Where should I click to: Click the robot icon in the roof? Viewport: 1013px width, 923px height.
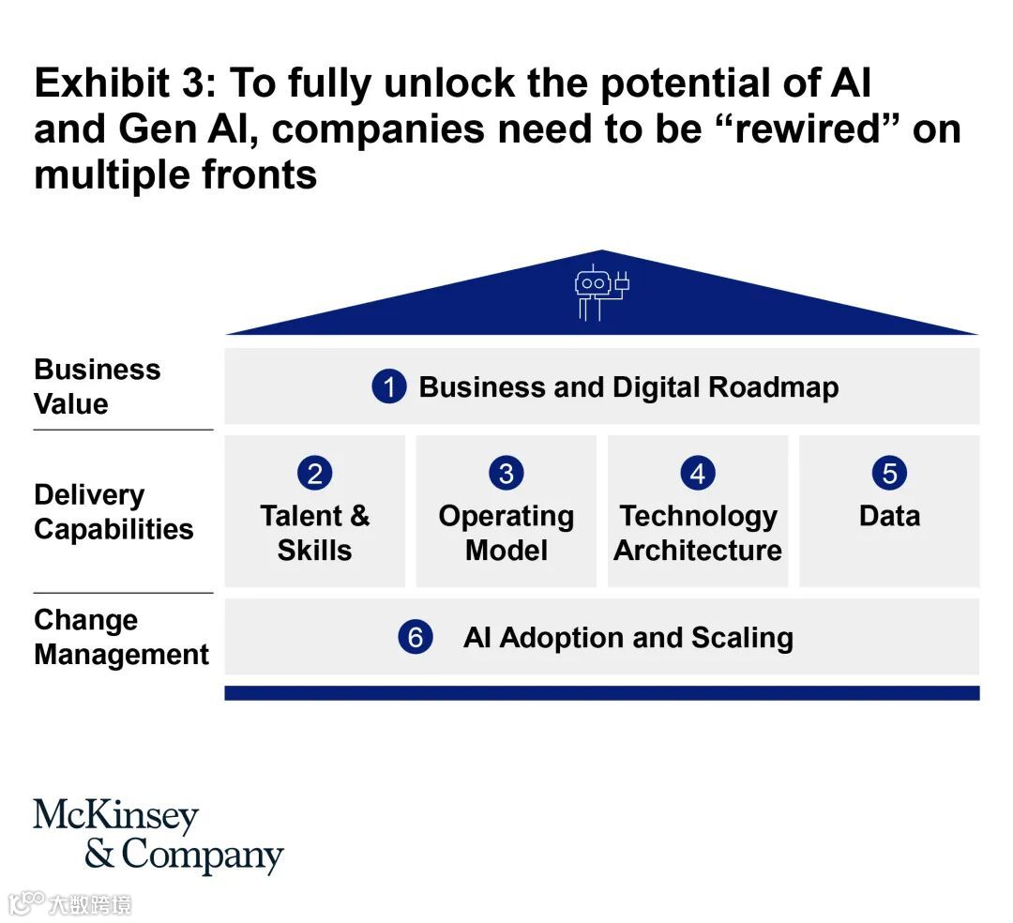tap(601, 292)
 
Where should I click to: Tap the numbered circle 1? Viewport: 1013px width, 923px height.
tap(389, 386)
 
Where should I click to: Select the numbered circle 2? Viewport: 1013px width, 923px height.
tap(314, 473)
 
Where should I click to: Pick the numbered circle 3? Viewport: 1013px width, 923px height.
tap(506, 473)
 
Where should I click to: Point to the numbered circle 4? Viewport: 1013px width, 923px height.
tap(698, 473)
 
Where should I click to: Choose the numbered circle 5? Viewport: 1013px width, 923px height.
tap(889, 473)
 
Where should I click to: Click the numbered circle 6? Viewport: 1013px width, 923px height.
tap(415, 638)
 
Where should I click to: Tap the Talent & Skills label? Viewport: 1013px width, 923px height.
tap(314, 532)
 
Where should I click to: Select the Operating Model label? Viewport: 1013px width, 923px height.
tap(506, 532)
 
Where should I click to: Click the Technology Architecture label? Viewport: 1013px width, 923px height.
tap(698, 532)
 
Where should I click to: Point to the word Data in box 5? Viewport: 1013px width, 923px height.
tap(889, 516)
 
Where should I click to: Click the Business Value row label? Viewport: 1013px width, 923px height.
tap(97, 386)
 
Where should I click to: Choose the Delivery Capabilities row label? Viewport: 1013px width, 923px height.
tap(113, 512)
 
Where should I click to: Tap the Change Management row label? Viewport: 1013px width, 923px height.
tap(121, 637)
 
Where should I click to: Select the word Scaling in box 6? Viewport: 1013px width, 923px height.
tap(742, 638)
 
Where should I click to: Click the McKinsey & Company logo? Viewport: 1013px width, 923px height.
tap(158, 836)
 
